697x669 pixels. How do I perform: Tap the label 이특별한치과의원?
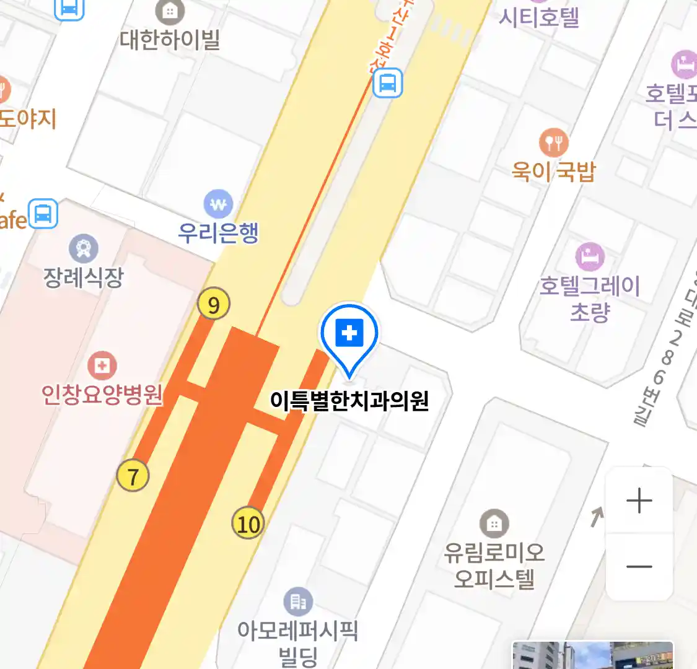[x=349, y=401]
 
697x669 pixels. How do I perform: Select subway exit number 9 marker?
[x=213, y=305]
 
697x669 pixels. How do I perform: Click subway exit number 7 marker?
[x=133, y=476]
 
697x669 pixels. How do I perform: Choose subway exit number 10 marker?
[x=248, y=524]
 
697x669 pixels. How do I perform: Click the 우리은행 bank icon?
[x=218, y=204]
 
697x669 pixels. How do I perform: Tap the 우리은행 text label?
[x=218, y=233]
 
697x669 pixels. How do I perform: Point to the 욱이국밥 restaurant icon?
[x=554, y=143]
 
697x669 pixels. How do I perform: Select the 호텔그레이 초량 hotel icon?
[x=589, y=256]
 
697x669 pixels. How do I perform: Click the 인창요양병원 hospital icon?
[x=102, y=365]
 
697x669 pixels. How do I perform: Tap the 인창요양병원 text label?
[x=102, y=394]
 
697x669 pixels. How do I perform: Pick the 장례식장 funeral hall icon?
[x=84, y=249]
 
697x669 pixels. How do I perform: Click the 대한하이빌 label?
[x=170, y=40]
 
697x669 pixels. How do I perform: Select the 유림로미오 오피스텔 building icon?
[x=494, y=524]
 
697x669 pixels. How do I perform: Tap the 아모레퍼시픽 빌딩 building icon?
[x=298, y=601]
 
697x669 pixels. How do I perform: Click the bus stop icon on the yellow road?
[x=388, y=83]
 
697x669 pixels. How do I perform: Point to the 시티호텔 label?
[x=539, y=17]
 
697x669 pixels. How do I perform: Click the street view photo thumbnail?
[x=592, y=655]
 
